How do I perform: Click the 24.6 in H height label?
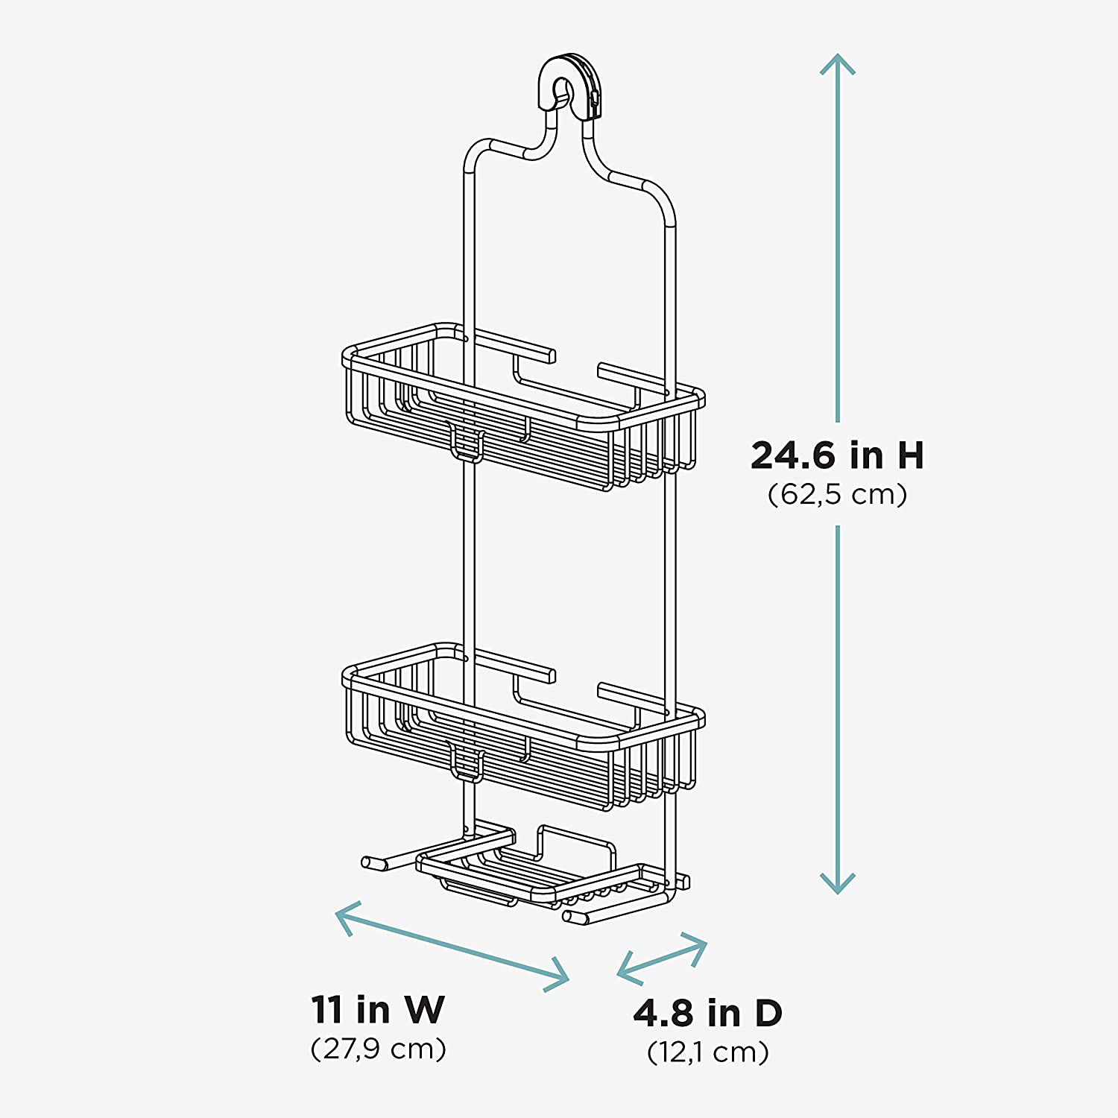click(837, 455)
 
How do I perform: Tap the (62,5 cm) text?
click(837, 494)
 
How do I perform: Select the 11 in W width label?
click(378, 1010)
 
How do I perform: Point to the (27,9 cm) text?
click(378, 1049)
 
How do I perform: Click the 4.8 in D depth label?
click(707, 1013)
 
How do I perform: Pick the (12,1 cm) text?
click(707, 1052)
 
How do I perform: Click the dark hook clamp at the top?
click(570, 86)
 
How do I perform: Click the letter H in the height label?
click(909, 455)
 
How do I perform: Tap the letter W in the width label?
click(425, 1010)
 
